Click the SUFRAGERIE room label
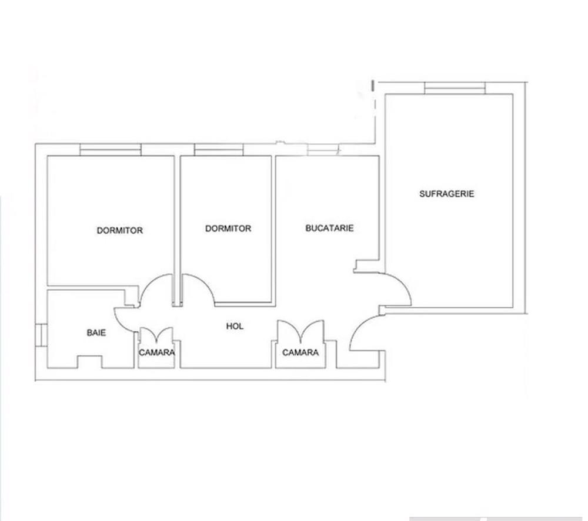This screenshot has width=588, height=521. coord(447,194)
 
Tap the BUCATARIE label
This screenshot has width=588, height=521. coord(330,228)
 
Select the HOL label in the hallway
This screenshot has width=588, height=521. coord(235,326)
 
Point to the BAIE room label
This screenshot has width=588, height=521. coord(96,332)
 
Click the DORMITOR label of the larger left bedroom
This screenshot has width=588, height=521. coord(120,230)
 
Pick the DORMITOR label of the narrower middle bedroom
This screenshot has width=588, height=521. coord(228,228)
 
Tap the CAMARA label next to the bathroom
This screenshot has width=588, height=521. coord(157,352)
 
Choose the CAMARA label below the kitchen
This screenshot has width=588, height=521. coord(300,352)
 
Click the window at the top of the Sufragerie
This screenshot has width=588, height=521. coord(455,88)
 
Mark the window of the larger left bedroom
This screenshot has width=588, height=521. coord(111,149)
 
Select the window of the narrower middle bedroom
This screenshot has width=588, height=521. coord(219,149)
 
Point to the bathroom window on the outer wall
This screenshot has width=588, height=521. coord(41,334)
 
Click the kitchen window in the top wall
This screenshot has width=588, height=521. coord(323,149)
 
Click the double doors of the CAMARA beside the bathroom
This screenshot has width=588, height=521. coord(156,334)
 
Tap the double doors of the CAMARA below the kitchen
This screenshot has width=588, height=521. coord(300,330)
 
